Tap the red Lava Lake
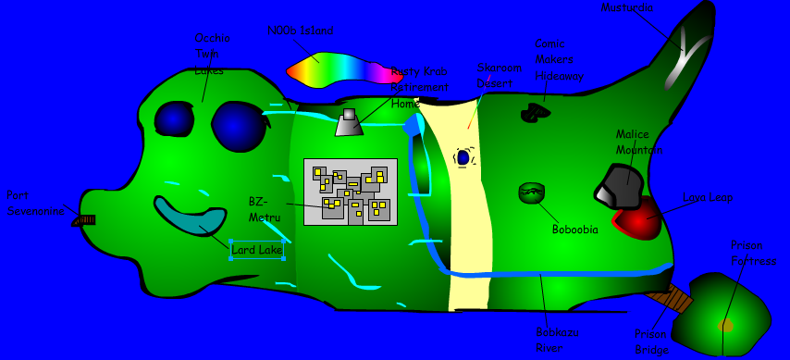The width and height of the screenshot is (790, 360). coord(638,220)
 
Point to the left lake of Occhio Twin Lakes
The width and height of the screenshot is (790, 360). coord(173,118)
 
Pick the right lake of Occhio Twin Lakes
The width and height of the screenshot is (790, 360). coord(239,126)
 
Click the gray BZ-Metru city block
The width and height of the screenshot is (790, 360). coord(351,192)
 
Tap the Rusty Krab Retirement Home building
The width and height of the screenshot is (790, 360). coord(349,123)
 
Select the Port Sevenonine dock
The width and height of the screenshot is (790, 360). coord(85,220)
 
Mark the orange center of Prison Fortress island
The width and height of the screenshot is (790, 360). coord(726,325)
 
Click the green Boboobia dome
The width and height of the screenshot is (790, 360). coord(532,192)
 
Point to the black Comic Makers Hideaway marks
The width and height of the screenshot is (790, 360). coord(536,113)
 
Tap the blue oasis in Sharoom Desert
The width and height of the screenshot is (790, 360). coord(463,158)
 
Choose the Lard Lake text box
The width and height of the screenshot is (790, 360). coord(256,250)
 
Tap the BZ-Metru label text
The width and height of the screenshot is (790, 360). coord(258,208)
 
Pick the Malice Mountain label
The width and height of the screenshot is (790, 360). coord(639,142)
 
